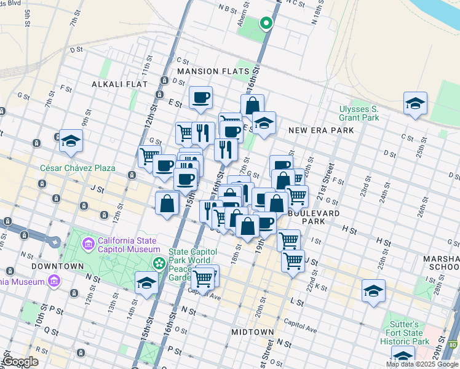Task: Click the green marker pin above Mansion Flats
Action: [x=266, y=23]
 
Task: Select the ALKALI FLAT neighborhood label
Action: [x=117, y=84]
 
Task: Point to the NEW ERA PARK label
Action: [x=321, y=130]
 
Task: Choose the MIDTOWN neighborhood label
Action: [x=252, y=332]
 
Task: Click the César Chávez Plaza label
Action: [x=69, y=167]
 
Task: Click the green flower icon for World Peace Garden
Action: [x=159, y=263]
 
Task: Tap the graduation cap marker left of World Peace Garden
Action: [x=146, y=283]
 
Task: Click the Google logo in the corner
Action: [x=20, y=361]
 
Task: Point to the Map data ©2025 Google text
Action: [x=422, y=364]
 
